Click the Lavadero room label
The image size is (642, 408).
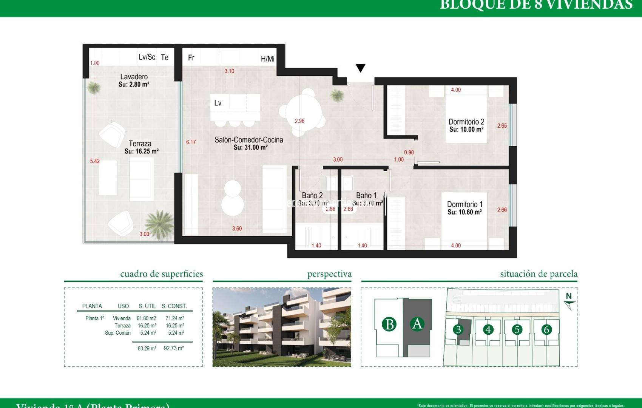coord(134,77)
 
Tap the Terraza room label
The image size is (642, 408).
coord(140,144)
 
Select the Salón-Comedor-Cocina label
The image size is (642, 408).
coord(248,140)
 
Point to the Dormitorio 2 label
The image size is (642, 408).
coord(466,122)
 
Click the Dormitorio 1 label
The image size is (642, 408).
coord(465,204)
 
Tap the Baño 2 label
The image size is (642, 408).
coord(312,195)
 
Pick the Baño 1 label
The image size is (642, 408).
coord(366,195)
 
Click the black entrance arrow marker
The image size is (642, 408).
coord(360,68)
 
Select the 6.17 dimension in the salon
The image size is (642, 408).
coord(191,142)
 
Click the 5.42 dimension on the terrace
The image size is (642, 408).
coord(95,161)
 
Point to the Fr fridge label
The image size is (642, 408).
coord(191,58)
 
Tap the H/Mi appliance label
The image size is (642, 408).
coord(267,59)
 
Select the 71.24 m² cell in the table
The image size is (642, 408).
coord(174,318)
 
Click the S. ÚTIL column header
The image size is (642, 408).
coord(147,306)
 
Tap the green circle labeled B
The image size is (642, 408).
coord(389,324)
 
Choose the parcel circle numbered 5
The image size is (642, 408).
coord(517,329)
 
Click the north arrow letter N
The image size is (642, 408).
coord(569,296)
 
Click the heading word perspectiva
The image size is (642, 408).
coord(329,274)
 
